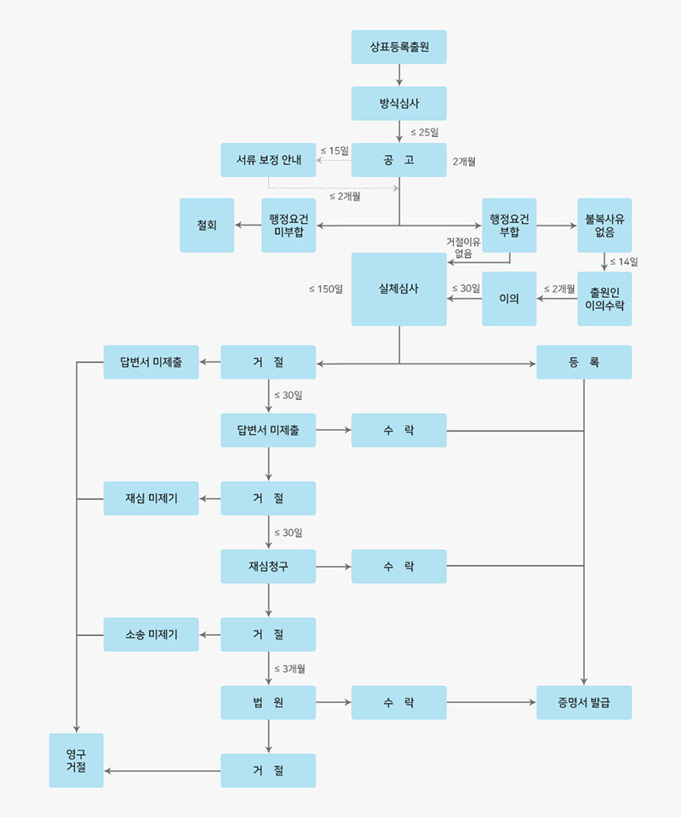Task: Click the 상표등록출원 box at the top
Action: [398, 47]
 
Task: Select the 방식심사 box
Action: [398, 103]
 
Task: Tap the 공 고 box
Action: [398, 160]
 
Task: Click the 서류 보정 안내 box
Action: [267, 160]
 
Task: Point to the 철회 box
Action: [207, 226]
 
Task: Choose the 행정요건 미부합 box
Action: [289, 226]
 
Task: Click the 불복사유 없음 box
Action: [604, 226]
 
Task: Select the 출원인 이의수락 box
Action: [604, 299]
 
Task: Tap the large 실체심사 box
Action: [398, 289]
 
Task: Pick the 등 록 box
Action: [584, 363]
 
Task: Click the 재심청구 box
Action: [268, 567]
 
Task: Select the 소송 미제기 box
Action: [152, 635]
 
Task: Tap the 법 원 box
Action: [268, 703]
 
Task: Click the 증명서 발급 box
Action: [584, 703]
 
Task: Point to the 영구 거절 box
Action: [76, 760]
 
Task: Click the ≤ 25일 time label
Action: [424, 132]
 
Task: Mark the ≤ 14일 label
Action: [624, 261]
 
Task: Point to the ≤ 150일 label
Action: [326, 289]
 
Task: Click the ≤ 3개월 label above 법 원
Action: [289, 668]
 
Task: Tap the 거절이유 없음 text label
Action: [463, 248]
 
